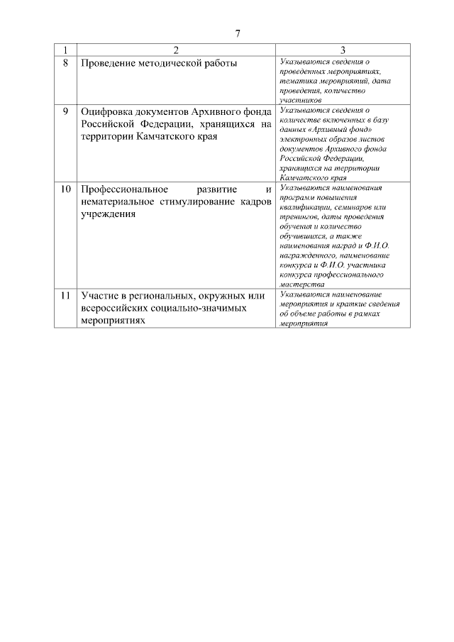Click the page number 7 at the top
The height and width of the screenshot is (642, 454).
pos(238,34)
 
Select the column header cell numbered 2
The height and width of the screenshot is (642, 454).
pos(176,50)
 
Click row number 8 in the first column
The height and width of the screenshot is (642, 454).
pos(65,63)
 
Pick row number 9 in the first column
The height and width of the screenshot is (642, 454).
pos(65,112)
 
